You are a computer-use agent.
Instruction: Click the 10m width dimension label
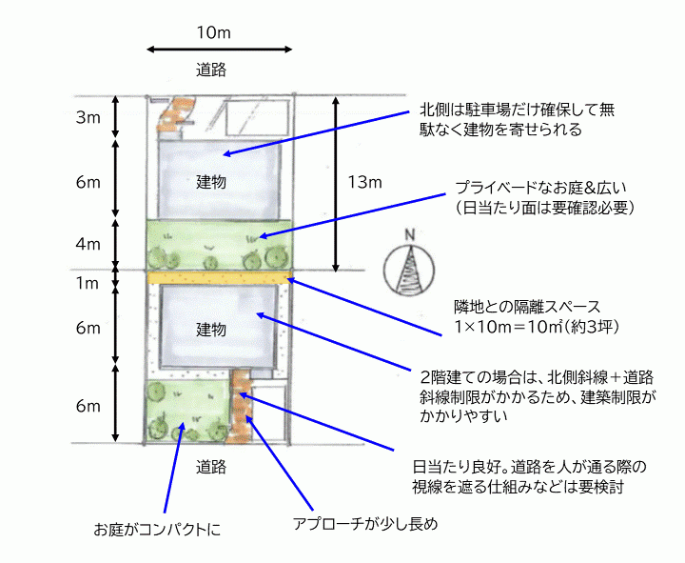(x=214, y=32)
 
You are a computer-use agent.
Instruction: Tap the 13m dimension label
(x=364, y=182)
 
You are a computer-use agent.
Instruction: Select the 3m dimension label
(x=88, y=117)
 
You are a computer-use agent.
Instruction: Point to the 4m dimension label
(x=88, y=244)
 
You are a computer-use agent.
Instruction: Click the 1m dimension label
(x=88, y=284)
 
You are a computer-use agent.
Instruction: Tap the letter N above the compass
(x=409, y=235)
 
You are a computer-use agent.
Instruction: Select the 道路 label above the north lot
(x=211, y=70)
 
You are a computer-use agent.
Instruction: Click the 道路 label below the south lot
(x=211, y=467)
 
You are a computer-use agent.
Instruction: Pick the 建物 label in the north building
(x=211, y=182)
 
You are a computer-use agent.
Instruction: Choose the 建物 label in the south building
(x=211, y=329)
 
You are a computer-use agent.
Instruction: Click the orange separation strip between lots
(x=220, y=277)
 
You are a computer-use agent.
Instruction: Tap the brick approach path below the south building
(x=241, y=406)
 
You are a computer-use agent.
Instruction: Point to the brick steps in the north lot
(x=178, y=113)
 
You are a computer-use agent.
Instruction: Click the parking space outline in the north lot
(x=257, y=118)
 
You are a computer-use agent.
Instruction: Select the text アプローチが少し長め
(x=365, y=524)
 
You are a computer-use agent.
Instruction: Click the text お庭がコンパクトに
(x=157, y=530)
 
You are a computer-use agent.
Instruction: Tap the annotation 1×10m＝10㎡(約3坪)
(x=537, y=327)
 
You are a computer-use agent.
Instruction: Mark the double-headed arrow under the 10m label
(x=220, y=50)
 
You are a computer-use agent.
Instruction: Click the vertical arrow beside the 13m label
(x=336, y=184)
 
